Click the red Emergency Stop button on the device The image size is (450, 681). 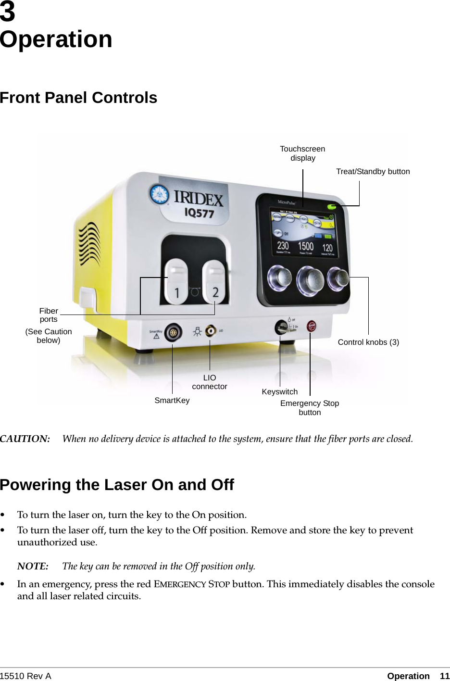(x=312, y=326)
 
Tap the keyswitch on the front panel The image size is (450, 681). (x=281, y=328)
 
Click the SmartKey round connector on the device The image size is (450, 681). (x=173, y=332)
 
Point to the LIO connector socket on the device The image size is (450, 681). (x=210, y=331)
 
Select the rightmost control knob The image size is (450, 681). (x=338, y=277)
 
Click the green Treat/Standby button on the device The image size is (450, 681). (x=331, y=207)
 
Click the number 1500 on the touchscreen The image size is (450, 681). (x=306, y=246)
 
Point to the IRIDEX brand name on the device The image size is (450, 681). (x=198, y=198)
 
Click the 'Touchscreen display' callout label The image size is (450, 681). (x=302, y=153)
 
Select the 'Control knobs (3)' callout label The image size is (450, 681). (x=368, y=342)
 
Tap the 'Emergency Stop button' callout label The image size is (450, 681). (x=310, y=407)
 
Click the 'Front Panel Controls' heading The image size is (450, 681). (x=79, y=98)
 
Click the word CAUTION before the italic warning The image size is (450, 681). (x=25, y=439)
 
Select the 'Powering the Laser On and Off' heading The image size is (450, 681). (x=117, y=485)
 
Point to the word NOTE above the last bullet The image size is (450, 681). (x=33, y=566)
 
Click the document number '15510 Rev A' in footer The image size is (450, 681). (x=25, y=676)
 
